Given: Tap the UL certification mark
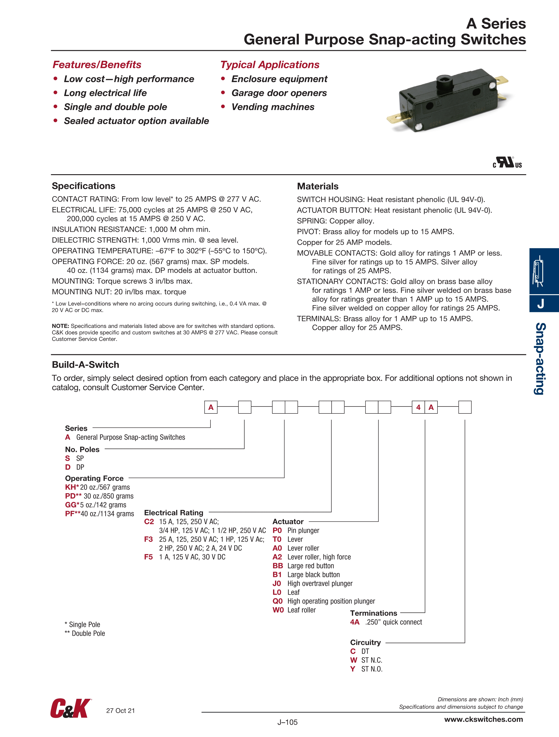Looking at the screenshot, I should tap(507, 163).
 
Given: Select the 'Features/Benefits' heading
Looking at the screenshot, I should tap(97, 65).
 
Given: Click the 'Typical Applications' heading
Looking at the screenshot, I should tap(270, 65).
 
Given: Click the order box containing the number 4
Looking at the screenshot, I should tap(419, 407).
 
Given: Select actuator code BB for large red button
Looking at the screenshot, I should tap(278, 566).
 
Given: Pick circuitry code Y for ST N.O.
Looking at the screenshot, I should tap(353, 669).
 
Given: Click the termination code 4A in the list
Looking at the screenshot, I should tap(355, 622).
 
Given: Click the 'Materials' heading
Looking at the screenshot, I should tap(318, 186).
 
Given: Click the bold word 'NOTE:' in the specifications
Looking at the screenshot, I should tap(60, 326).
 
